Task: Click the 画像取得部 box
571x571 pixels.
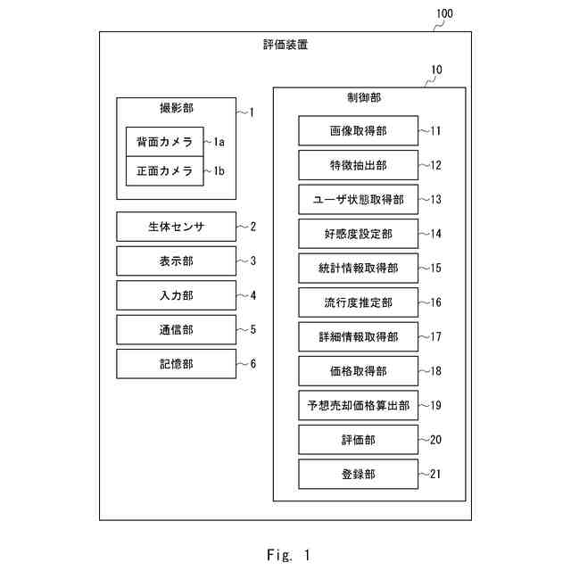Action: pyautogui.click(x=358, y=131)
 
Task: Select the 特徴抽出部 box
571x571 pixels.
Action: pyautogui.click(x=358, y=165)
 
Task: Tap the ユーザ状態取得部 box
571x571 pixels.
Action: pyautogui.click(x=358, y=199)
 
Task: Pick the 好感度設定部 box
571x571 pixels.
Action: pyautogui.click(x=358, y=234)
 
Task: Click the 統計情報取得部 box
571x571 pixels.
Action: pyautogui.click(x=358, y=268)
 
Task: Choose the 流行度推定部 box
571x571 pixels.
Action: pyautogui.click(x=358, y=302)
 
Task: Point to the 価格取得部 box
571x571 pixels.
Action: pyautogui.click(x=358, y=371)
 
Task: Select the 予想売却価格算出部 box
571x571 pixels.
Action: pyautogui.click(x=358, y=405)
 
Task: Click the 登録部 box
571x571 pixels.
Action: pyautogui.click(x=358, y=474)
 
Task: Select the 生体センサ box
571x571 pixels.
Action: pyautogui.click(x=176, y=227)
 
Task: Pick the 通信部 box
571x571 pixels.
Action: pyautogui.click(x=176, y=330)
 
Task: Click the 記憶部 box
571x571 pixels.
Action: pyautogui.click(x=176, y=364)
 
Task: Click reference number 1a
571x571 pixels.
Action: pyautogui.click(x=219, y=142)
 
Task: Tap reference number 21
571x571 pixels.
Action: pyautogui.click(x=435, y=474)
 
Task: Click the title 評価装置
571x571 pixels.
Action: pyautogui.click(x=285, y=45)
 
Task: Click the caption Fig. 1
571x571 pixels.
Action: pyautogui.click(x=287, y=554)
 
